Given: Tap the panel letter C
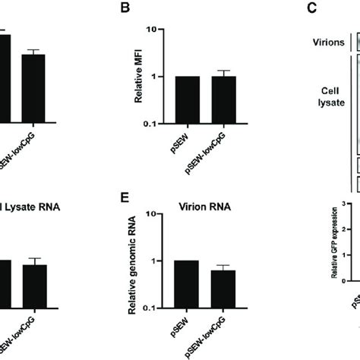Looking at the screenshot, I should [x=311, y=10].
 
